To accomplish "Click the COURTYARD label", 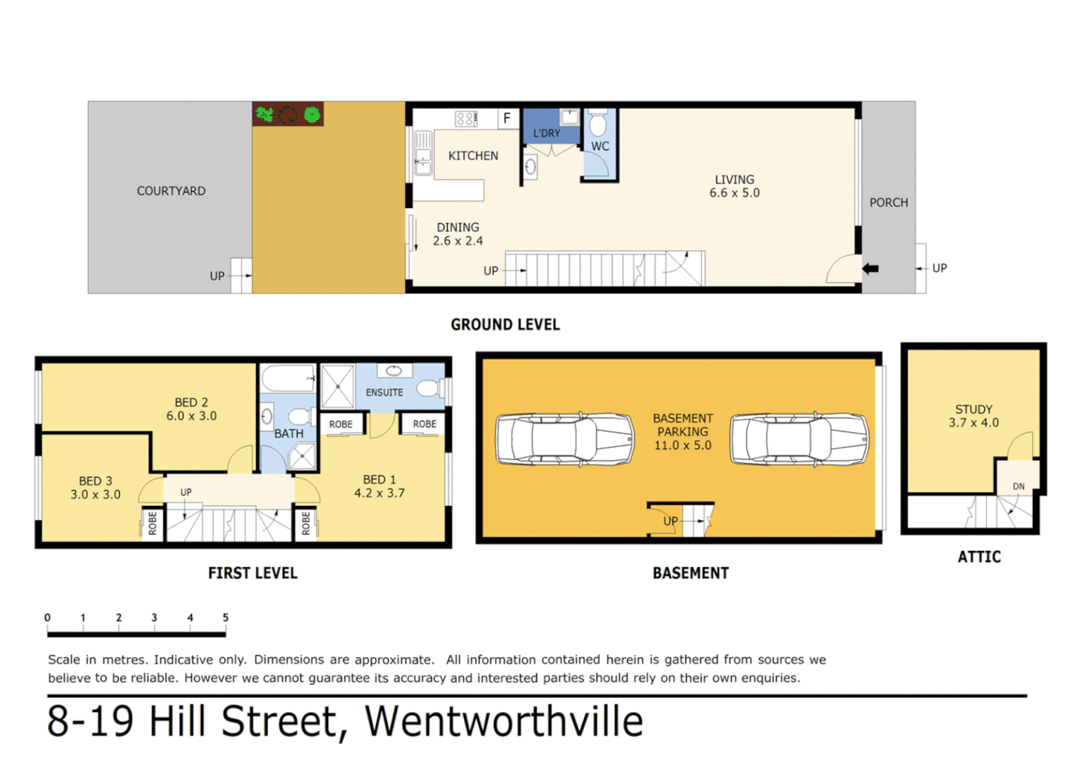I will (x=171, y=191).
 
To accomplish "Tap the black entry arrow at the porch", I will (x=870, y=268).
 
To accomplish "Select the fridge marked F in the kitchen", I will (x=507, y=118).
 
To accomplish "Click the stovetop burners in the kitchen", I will (x=466, y=118).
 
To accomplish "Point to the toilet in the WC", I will (x=598, y=124).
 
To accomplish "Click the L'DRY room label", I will (x=546, y=134).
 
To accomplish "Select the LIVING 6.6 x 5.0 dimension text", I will (x=735, y=193).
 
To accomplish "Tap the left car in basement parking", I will (x=564, y=439).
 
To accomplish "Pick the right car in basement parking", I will (x=799, y=439).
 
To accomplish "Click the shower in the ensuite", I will (x=338, y=387).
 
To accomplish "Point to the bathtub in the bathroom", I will (x=288, y=379).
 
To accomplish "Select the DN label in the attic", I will (x=1018, y=486).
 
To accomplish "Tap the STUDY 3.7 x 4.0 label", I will (x=973, y=416).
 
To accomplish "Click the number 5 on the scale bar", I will (x=225, y=618).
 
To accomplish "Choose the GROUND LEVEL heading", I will (x=505, y=325).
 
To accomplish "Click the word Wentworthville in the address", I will (x=504, y=722).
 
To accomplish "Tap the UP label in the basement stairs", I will (x=671, y=521).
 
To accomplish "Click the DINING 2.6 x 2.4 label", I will (x=458, y=234).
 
